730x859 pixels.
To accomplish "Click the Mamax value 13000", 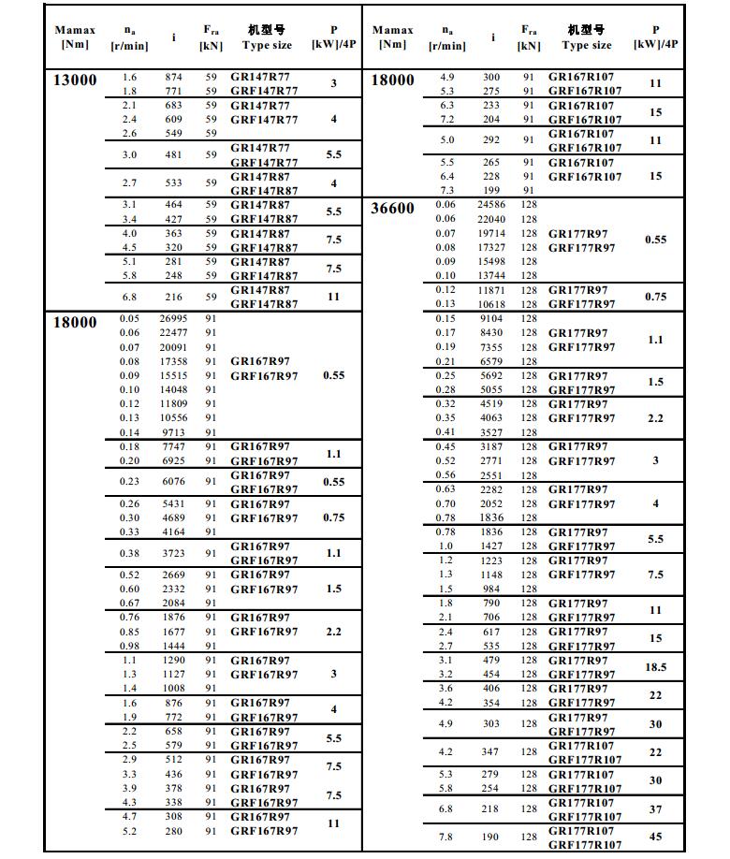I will (75, 80).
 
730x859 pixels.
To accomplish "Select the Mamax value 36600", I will (392, 208).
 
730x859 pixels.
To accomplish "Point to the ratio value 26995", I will (173, 319).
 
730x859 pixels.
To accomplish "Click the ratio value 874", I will (173, 78).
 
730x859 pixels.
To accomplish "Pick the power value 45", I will (656, 837).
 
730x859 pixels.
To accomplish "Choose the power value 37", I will (656, 809).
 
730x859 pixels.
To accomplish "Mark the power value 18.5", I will (656, 667).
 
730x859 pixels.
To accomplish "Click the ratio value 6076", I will (173, 482).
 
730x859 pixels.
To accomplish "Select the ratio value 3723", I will (173, 553).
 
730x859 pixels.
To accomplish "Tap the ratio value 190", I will (491, 837).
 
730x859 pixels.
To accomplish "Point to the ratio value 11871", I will (491, 290).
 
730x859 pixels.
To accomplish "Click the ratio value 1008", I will (173, 688).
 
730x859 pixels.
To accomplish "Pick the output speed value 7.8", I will (445, 837).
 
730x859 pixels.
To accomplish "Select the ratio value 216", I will (173, 297).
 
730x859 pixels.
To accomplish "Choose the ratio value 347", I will (491, 751).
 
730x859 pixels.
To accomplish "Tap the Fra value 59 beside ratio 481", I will (211, 154).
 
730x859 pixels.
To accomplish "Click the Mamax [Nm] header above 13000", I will (75, 37).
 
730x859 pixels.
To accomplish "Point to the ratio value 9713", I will (173, 431).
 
